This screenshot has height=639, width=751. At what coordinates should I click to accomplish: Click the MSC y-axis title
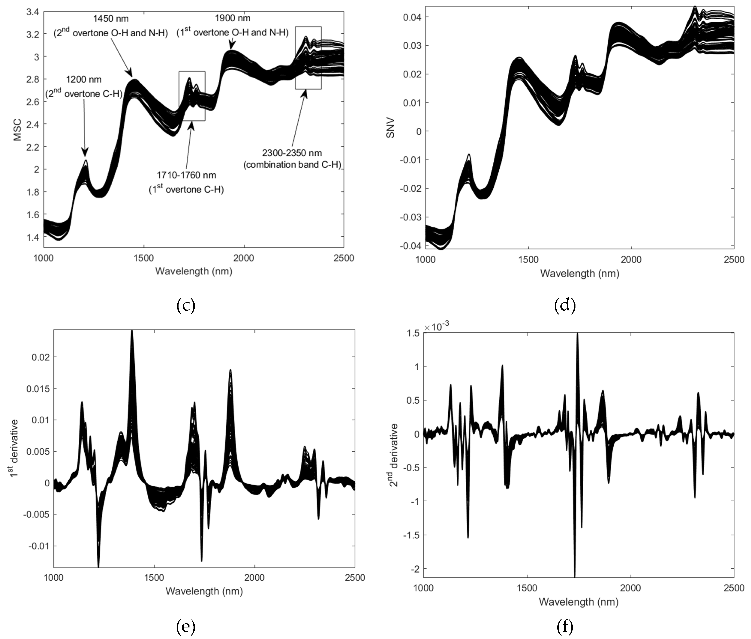(x=17, y=130)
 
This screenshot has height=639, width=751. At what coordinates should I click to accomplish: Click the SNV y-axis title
(x=390, y=128)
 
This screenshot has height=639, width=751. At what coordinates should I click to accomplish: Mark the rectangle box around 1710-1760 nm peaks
(x=192, y=96)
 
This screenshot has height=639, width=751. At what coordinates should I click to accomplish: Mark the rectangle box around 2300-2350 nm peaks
(x=308, y=58)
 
